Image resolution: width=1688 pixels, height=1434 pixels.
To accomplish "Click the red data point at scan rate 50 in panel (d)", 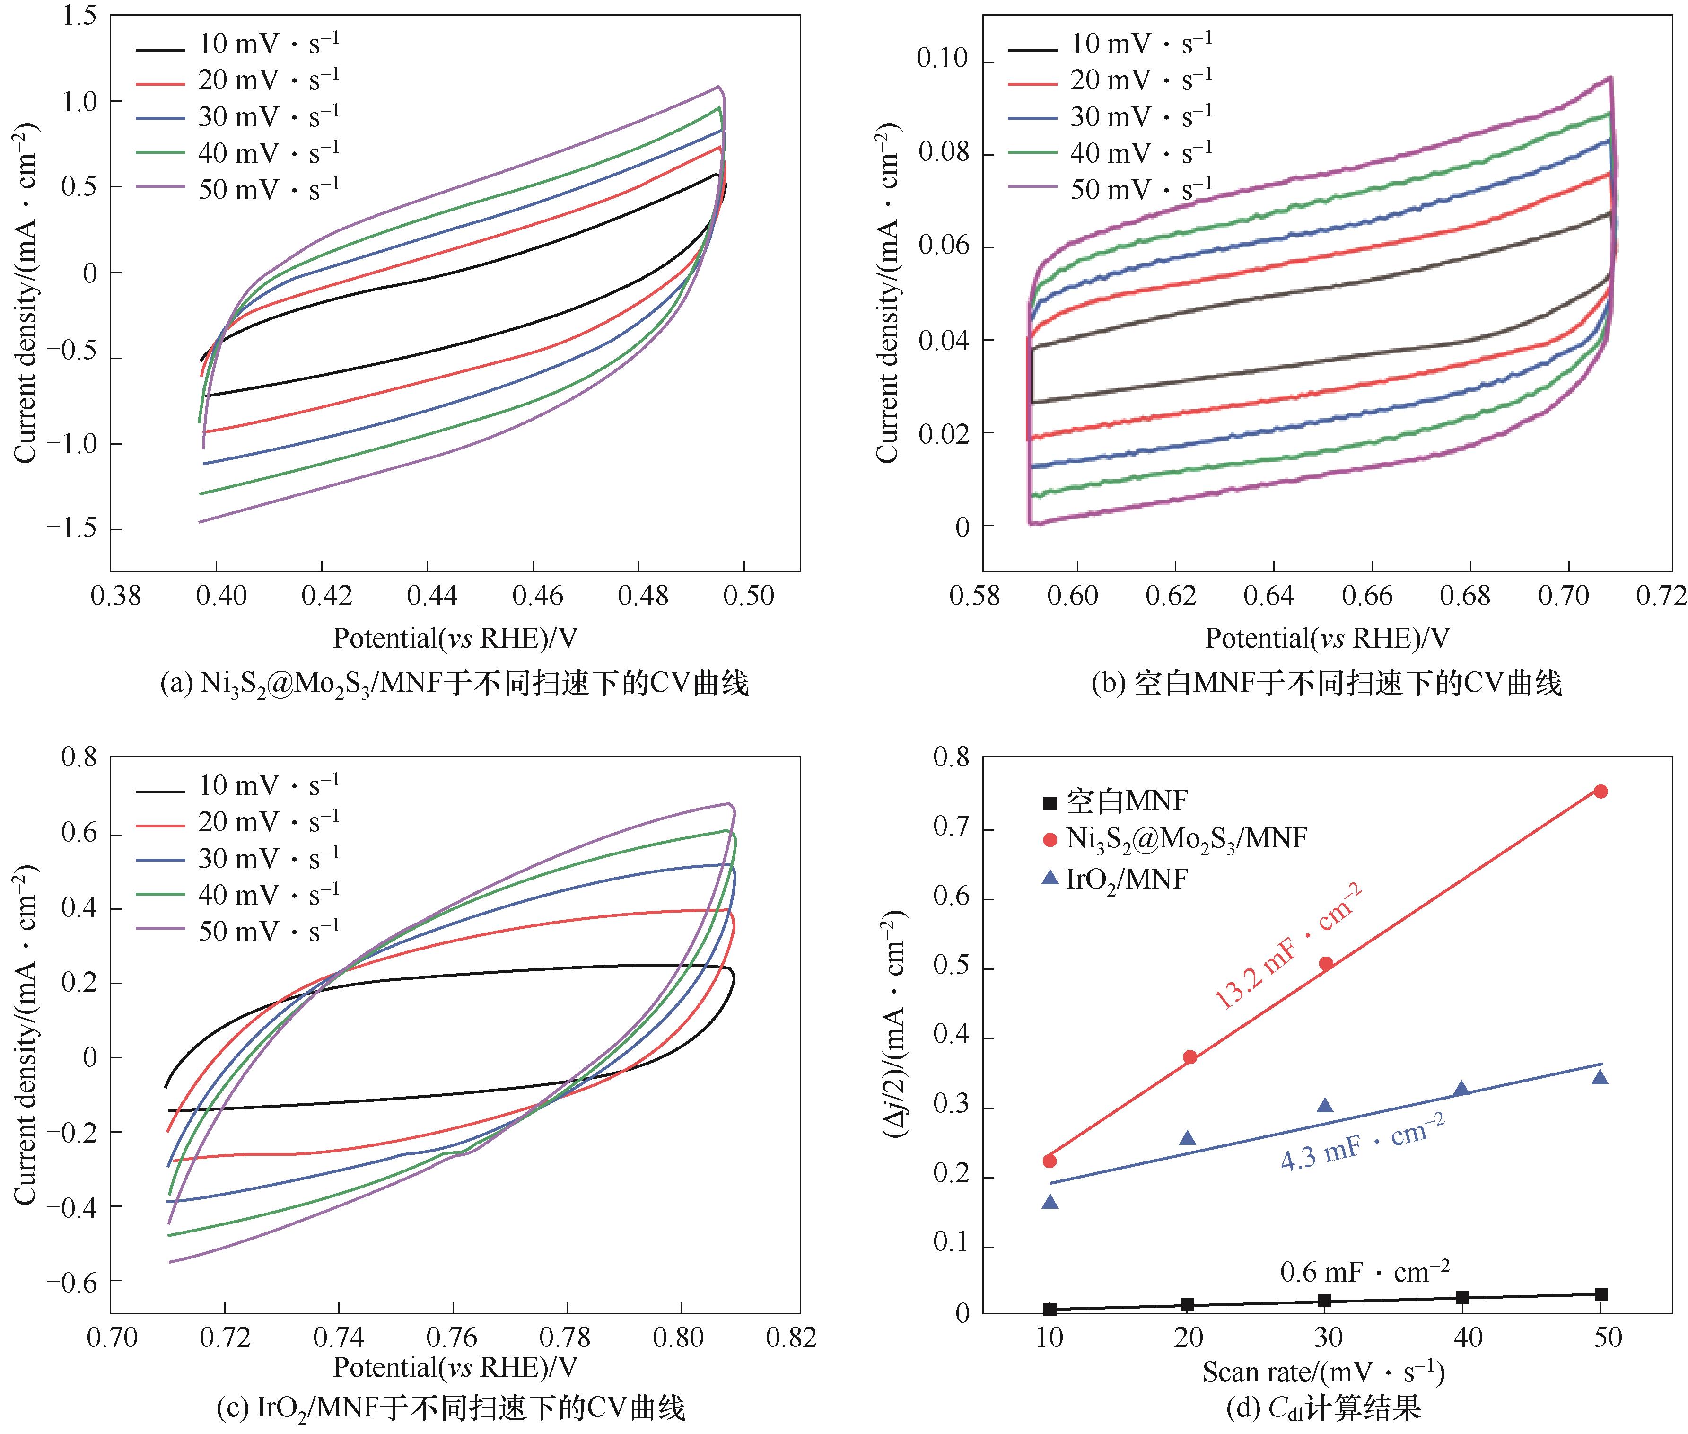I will point(1600,791).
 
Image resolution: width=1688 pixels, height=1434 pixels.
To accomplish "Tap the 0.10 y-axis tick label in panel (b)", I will point(943,59).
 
